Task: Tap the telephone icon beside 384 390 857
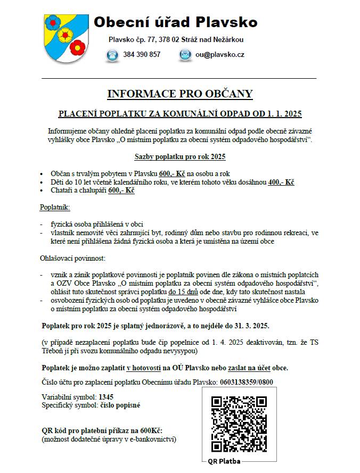[112, 55]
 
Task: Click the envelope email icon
[185, 55]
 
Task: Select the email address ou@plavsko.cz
[220, 55]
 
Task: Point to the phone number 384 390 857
[141, 55]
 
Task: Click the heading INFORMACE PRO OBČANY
[180, 94]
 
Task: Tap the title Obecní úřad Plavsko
[176, 22]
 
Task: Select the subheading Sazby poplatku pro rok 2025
[179, 156]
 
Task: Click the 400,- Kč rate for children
[281, 182]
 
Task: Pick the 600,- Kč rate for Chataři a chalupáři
[121, 190]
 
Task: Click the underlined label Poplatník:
[55, 206]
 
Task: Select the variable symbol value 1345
[106, 397]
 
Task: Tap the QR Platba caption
[225, 461]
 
